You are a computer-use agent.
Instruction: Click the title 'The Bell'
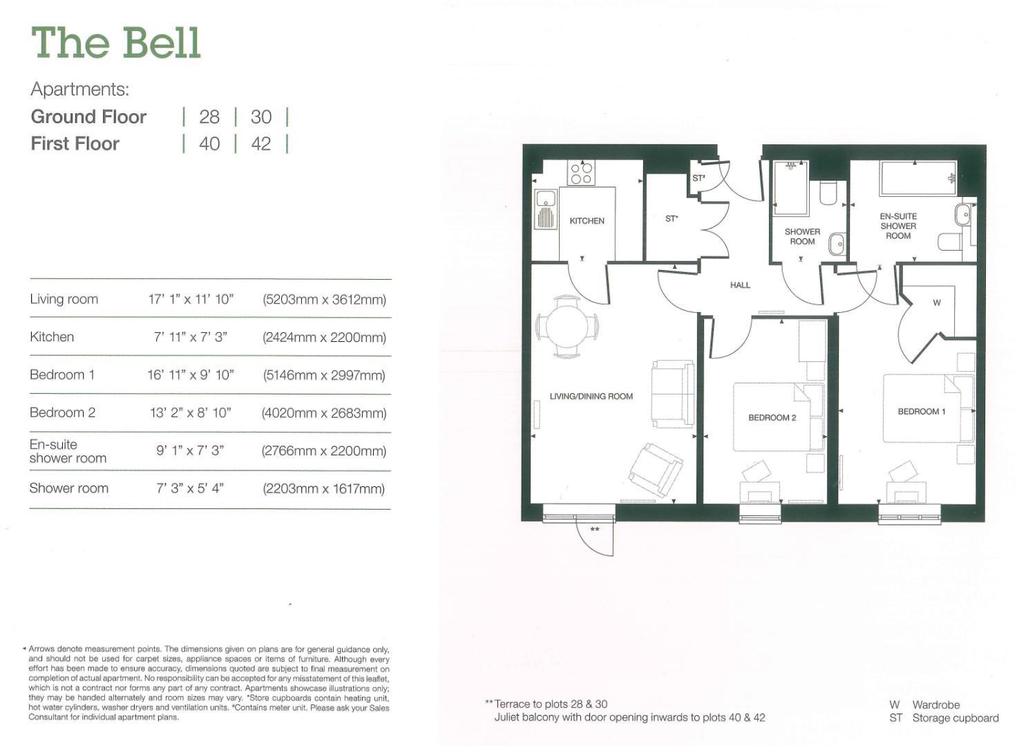116,43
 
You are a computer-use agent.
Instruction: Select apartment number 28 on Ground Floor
209,117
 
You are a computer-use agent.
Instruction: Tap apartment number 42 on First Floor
261,144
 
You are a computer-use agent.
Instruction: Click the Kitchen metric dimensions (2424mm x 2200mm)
324,338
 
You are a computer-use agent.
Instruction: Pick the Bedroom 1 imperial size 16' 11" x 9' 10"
191,375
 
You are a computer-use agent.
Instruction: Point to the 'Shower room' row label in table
69,488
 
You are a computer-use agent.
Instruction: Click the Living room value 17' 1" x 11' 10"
191,300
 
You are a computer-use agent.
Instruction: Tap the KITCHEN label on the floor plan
587,221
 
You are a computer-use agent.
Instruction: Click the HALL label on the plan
740,285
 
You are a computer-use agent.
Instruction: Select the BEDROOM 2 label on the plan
772,418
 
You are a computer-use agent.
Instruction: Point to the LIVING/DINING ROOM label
591,396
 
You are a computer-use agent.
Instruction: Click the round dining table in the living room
567,326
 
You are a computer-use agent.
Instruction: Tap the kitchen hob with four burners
581,173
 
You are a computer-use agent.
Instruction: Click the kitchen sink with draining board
546,209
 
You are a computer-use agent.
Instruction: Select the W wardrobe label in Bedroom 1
937,303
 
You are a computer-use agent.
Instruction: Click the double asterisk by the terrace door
595,530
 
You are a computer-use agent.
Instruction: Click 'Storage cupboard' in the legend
956,718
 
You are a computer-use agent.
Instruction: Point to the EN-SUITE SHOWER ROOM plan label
898,226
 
